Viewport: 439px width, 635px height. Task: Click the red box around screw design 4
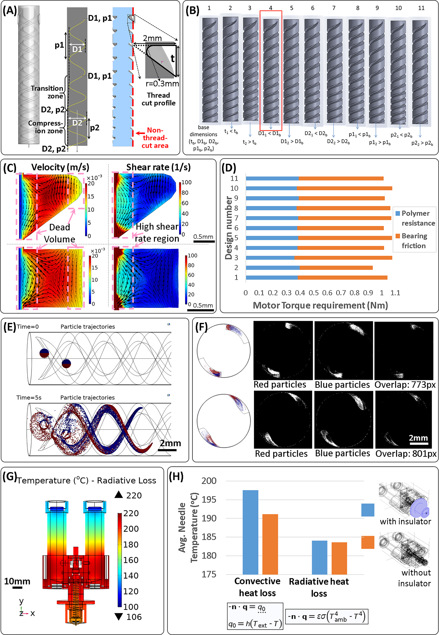(271, 12)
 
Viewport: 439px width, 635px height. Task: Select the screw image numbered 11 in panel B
(420, 72)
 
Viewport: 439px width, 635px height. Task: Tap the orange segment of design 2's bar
(336, 268)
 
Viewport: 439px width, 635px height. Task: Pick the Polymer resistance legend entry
(415, 218)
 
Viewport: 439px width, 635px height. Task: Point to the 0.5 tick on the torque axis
(313, 293)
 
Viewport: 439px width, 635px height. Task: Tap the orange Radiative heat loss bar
(339, 558)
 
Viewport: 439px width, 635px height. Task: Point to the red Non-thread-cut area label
(155, 138)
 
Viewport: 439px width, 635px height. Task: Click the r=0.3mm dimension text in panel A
(162, 84)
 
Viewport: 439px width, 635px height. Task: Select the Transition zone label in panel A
(47, 92)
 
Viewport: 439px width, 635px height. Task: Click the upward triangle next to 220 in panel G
(119, 495)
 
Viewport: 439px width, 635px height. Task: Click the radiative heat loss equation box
(327, 617)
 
